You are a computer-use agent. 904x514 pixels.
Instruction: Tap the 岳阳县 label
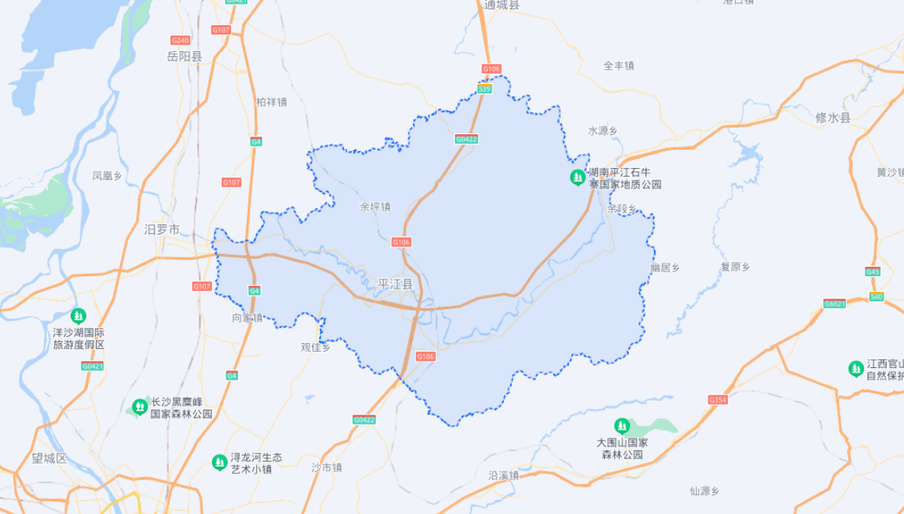185,57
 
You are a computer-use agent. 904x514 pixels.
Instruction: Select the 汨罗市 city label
162,230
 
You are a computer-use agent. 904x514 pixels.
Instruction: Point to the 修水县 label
833,118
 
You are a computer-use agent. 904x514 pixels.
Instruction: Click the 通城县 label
502,5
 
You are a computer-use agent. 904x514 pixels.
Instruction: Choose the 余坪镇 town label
375,207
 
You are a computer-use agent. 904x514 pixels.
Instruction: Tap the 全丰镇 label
619,66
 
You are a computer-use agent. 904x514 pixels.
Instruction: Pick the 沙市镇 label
327,467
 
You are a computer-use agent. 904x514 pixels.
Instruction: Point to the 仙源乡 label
705,491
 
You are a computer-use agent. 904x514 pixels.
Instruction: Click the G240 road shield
180,40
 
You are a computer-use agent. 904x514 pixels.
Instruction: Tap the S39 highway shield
485,89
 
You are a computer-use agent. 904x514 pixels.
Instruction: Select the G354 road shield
718,399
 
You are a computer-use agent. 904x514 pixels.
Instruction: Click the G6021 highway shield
834,303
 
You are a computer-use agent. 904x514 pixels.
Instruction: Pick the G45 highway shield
873,272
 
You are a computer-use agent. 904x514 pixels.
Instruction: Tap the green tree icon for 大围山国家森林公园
621,426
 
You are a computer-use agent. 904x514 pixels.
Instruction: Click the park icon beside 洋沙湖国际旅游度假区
78,315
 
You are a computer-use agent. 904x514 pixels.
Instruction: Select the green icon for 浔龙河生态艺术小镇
219,462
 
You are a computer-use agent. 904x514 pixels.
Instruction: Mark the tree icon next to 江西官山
855,368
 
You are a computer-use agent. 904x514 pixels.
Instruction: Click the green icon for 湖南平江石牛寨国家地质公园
577,178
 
